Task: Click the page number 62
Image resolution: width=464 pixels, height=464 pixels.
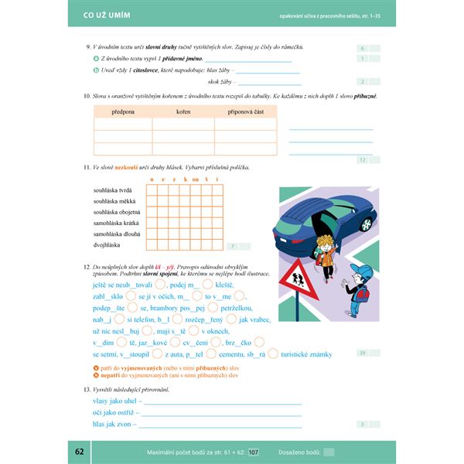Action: click(80, 452)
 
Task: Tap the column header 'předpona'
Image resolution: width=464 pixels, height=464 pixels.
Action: click(123, 111)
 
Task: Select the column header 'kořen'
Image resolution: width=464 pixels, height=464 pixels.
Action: click(183, 111)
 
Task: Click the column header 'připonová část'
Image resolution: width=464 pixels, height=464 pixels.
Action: click(245, 111)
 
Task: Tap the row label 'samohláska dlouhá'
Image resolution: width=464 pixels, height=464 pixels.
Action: click(116, 234)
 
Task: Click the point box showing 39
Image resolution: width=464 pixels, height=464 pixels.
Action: click(363, 353)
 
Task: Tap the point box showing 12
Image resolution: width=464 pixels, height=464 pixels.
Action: click(363, 160)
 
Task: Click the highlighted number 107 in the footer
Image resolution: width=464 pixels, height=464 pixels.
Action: click(254, 452)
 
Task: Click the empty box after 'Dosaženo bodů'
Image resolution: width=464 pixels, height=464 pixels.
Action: click(329, 452)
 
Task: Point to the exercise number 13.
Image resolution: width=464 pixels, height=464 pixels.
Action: click(87, 389)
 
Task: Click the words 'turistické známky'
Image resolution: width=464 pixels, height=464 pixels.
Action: click(306, 353)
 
